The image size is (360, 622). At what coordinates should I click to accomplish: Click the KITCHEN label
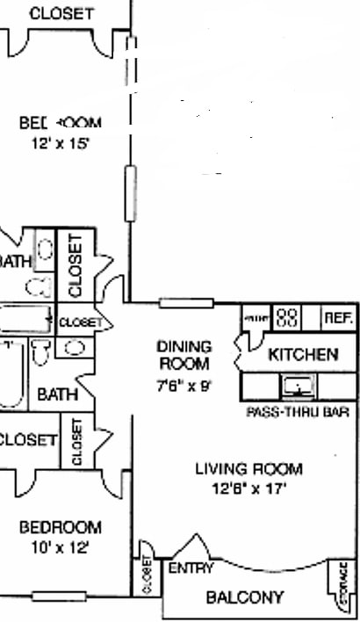[303, 355]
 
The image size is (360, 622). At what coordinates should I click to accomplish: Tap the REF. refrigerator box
[338, 318]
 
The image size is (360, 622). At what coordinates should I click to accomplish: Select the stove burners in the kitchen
[289, 317]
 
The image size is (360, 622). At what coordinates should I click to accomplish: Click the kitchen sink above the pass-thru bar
[296, 386]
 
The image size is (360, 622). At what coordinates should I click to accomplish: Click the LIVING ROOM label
[248, 468]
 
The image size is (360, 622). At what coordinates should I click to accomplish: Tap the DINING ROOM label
[184, 354]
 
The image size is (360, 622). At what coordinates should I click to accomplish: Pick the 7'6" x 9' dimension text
[184, 384]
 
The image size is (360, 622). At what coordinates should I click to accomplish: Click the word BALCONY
[245, 597]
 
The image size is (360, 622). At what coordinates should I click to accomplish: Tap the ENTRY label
[191, 568]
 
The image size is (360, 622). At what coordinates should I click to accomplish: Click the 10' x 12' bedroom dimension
[60, 546]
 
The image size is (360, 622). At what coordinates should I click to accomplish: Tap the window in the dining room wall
[186, 304]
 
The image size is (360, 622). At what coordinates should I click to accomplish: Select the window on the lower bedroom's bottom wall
[59, 597]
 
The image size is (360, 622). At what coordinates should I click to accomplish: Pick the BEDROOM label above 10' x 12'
[60, 527]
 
